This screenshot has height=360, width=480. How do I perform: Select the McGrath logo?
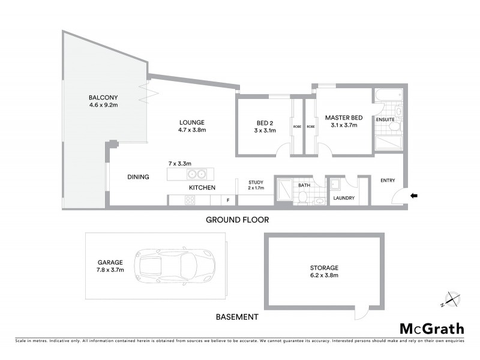(432, 328)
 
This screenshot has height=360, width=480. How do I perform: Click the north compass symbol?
(451, 299)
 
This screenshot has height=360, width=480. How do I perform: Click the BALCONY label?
(103, 98)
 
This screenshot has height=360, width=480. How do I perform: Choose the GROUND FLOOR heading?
(237, 220)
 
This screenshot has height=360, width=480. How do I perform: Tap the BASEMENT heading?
(237, 317)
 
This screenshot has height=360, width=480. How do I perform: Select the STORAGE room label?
(325, 268)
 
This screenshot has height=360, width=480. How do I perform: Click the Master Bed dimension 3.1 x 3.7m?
(341, 126)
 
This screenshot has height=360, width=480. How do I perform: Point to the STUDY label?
(256, 182)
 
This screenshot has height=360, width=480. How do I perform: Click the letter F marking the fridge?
(227, 200)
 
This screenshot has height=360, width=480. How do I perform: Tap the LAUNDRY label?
(344, 198)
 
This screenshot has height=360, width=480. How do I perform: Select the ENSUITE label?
(385, 119)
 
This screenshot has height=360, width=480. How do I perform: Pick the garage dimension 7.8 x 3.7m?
(110, 270)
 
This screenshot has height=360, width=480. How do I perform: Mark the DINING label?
(138, 177)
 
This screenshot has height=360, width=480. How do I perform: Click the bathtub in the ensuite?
(388, 96)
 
